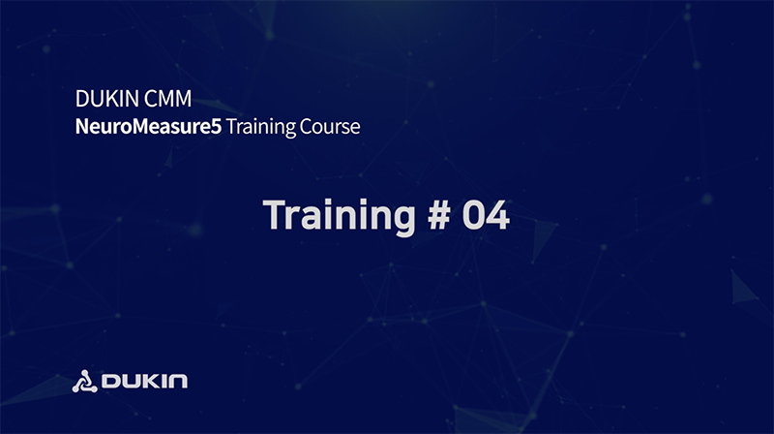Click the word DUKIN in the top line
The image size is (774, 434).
(x=107, y=99)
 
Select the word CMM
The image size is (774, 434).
(x=168, y=99)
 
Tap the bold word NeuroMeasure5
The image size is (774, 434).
(x=148, y=127)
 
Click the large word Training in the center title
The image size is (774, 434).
(x=340, y=215)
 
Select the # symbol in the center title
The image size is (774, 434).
(x=439, y=215)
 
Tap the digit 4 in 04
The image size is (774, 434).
(x=498, y=215)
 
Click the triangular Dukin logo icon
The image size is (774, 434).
(x=85, y=382)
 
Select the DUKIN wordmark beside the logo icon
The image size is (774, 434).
(x=144, y=381)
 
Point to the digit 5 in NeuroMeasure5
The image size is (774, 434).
(x=216, y=127)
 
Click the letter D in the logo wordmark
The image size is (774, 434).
(x=110, y=381)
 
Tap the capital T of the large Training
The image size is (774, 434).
(x=275, y=215)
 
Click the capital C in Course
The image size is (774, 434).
(x=307, y=127)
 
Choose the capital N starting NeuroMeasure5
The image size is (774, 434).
(x=82, y=127)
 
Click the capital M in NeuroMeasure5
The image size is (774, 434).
(x=141, y=127)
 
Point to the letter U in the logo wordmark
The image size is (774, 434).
(x=131, y=381)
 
